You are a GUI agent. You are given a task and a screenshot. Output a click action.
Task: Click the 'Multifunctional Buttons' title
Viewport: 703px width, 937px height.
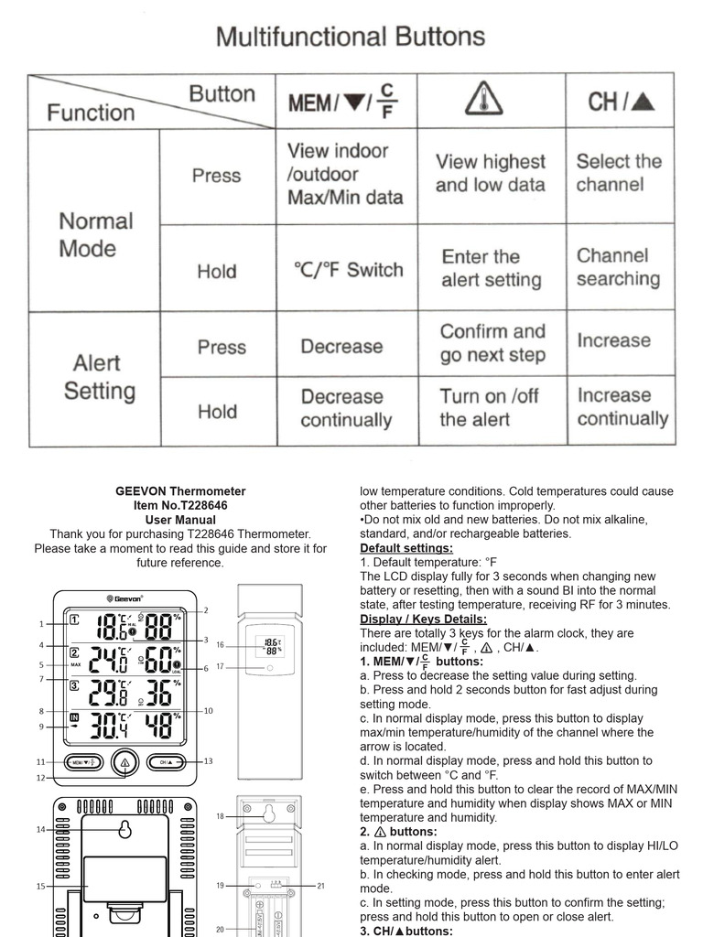pos(351,38)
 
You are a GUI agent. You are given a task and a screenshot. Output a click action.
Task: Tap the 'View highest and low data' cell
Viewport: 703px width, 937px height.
pos(490,173)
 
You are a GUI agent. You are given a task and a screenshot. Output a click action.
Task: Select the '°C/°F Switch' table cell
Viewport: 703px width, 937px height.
pos(348,270)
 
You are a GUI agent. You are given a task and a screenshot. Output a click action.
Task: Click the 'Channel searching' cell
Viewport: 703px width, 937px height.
pos(618,267)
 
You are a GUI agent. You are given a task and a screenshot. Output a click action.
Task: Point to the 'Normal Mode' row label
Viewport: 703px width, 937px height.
pos(95,234)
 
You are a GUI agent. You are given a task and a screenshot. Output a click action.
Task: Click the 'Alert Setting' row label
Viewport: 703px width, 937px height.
pos(99,377)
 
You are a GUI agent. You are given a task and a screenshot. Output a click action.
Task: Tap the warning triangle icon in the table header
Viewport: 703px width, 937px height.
pos(483,99)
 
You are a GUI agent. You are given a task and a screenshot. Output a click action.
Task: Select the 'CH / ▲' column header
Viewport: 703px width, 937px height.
pos(622,102)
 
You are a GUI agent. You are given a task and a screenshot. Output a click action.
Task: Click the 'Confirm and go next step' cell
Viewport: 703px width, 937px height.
pos(492,343)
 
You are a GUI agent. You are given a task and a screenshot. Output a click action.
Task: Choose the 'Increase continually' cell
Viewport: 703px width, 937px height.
pos(622,407)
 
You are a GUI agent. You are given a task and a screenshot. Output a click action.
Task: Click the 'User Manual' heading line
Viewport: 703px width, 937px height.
pos(180,520)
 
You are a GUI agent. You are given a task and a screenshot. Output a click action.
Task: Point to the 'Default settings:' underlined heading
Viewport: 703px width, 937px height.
pos(406,548)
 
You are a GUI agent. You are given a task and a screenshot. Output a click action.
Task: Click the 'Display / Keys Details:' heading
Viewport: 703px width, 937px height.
pos(423,619)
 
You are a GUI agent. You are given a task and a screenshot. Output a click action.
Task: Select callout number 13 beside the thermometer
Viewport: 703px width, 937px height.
pos(208,761)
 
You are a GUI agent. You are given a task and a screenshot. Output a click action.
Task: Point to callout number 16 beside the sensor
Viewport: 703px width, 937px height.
pos(220,645)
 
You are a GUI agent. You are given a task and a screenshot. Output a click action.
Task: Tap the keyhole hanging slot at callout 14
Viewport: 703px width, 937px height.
pos(123,830)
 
